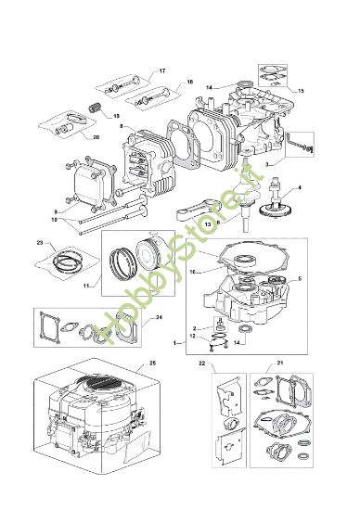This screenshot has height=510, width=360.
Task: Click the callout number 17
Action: click(x=162, y=71)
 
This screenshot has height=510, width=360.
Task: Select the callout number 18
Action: click(x=189, y=82)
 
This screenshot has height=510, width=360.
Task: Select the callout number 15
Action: click(x=299, y=91)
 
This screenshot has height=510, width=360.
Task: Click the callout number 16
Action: click(x=193, y=274)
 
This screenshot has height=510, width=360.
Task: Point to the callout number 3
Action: click(x=267, y=163)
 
